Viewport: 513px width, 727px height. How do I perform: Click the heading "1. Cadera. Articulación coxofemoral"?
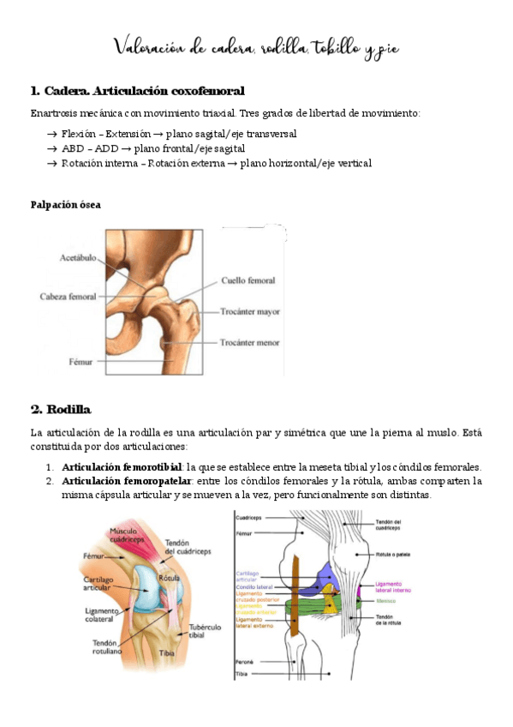coord(137,91)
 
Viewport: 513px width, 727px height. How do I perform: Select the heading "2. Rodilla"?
coord(60,408)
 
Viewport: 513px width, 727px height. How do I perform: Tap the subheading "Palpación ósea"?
coord(65,204)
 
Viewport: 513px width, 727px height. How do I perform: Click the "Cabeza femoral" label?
coord(68,297)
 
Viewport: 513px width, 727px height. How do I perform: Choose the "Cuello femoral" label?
coord(248,279)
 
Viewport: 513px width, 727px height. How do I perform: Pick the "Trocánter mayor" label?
coord(250,312)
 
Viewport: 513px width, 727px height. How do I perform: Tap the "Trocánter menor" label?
coord(249,343)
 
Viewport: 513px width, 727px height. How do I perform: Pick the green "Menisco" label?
coord(386,601)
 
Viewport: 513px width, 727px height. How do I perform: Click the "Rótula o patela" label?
coord(395,555)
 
